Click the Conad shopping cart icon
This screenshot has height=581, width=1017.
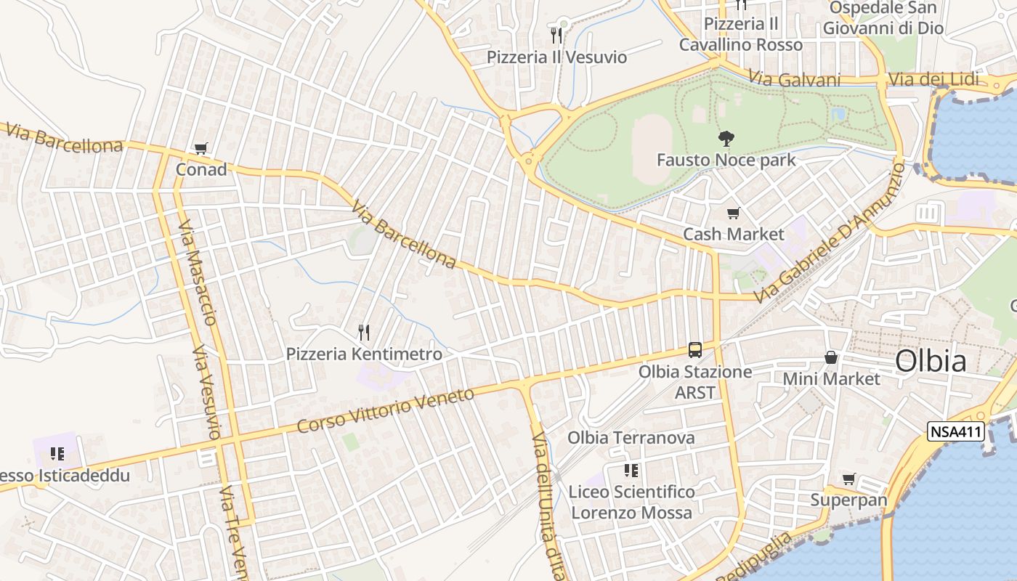tap(201, 149)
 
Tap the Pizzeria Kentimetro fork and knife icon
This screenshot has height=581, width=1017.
tap(364, 333)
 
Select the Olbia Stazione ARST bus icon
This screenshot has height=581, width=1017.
tap(695, 350)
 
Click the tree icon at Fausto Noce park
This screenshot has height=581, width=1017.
tap(726, 139)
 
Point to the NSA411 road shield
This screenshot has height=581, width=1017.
tap(955, 432)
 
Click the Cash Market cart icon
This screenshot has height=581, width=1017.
tap(733, 214)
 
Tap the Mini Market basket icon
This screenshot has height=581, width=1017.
tap(831, 357)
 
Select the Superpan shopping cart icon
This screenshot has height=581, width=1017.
tap(848, 479)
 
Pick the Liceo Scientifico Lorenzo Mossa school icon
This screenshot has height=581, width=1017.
tap(631, 471)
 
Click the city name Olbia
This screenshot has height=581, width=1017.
tap(931, 361)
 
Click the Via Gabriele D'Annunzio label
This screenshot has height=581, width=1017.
tap(830, 234)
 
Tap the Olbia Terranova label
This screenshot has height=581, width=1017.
tap(631, 438)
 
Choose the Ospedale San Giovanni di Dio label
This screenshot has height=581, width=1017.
tap(883, 18)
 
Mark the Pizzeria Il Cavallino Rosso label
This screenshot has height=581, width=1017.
tap(741, 34)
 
